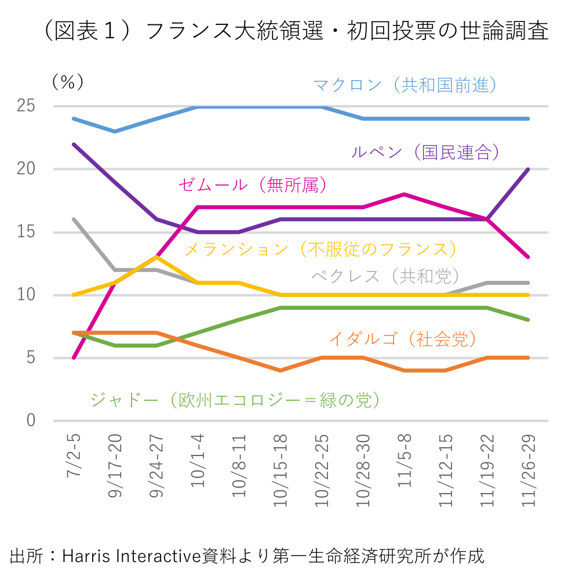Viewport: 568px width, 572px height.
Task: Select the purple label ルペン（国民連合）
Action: point(425,152)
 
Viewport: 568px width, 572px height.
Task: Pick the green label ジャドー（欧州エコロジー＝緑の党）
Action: point(235,400)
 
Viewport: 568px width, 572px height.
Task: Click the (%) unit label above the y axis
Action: point(68,82)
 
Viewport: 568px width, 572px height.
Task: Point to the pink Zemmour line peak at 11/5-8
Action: point(405,194)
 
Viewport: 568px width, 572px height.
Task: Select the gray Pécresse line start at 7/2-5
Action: point(74,219)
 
